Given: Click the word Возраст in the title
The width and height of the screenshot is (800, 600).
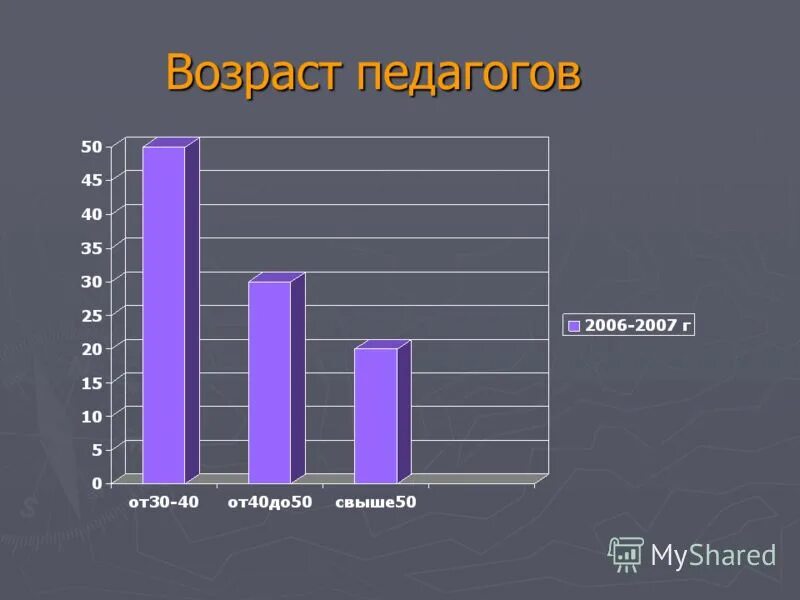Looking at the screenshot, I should (x=254, y=73).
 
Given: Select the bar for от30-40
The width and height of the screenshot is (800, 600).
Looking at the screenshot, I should (x=165, y=314).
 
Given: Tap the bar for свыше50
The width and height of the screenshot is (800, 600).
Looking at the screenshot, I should (x=376, y=415).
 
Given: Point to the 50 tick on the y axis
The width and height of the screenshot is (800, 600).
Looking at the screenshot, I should (x=91, y=146).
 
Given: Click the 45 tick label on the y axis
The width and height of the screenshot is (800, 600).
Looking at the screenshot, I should (x=91, y=180).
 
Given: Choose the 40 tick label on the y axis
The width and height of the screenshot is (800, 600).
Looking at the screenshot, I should (x=91, y=213).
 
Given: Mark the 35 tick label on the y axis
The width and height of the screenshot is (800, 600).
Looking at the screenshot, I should (x=91, y=247).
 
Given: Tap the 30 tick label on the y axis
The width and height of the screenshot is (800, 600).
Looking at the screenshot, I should (x=91, y=281).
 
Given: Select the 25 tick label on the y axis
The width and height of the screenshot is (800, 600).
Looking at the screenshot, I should (x=91, y=315).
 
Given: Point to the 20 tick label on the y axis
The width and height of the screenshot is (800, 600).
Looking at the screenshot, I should (x=91, y=348).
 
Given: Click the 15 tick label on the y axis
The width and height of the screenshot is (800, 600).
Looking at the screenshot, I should (x=91, y=382).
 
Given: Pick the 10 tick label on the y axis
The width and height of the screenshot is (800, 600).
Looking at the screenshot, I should (x=91, y=415).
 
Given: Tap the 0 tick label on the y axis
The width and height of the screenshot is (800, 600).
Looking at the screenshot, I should (x=97, y=483).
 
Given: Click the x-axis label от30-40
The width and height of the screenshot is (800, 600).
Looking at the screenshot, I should (x=163, y=502).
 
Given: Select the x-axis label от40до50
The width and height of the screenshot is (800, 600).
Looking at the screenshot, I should (x=270, y=502).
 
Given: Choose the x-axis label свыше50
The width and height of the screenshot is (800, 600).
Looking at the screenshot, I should (x=375, y=502).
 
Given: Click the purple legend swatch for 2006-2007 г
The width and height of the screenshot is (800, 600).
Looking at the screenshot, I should (x=574, y=325).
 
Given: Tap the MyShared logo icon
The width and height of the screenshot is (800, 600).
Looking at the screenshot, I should (x=626, y=554).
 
